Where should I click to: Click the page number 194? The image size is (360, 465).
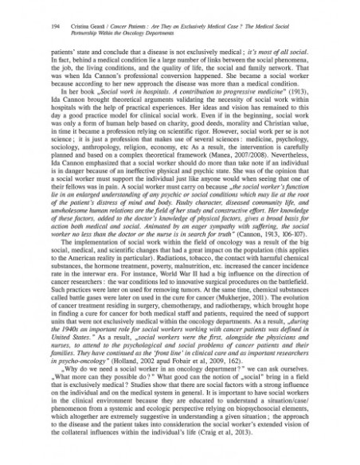click(x=33, y=25)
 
